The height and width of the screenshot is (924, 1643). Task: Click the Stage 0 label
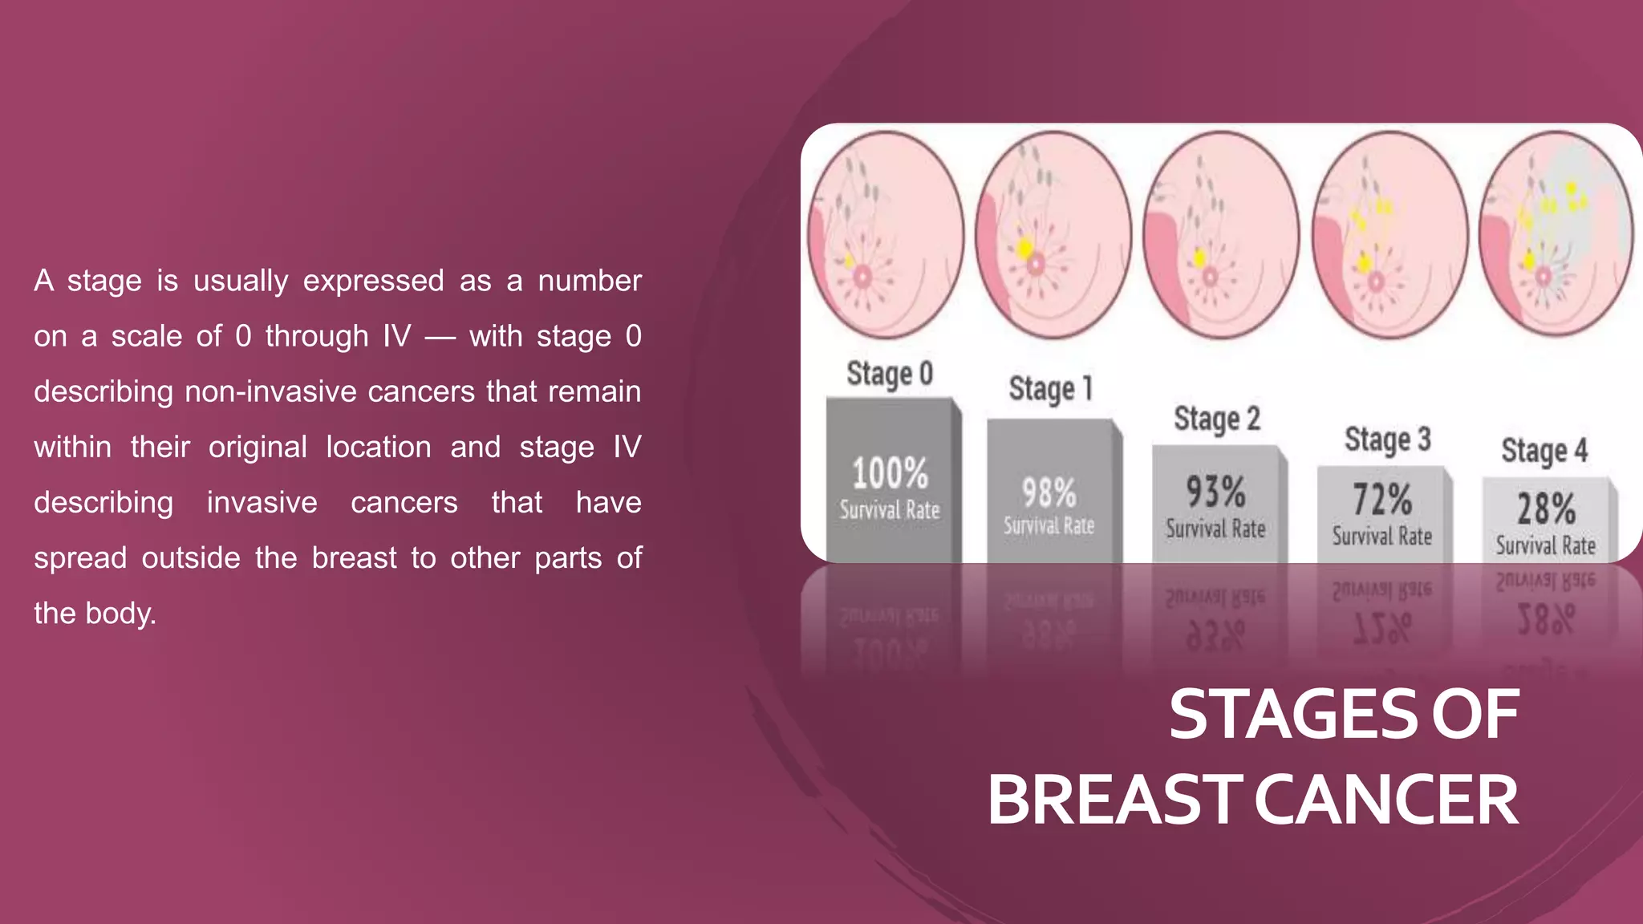click(889, 375)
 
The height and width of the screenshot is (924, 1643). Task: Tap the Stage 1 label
click(1050, 389)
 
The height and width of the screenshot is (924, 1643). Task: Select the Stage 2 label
click(1216, 419)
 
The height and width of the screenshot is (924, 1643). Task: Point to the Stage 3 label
click(1387, 440)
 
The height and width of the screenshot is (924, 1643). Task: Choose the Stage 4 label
click(1544, 451)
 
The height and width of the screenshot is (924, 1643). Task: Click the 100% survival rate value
click(890, 473)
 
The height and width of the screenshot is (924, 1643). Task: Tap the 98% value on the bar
click(1049, 492)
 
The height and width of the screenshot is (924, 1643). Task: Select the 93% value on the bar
click(1215, 492)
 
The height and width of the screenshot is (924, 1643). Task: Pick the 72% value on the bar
click(1381, 500)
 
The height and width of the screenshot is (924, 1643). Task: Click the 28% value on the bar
click(1545, 509)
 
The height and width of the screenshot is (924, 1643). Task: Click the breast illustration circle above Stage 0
click(885, 234)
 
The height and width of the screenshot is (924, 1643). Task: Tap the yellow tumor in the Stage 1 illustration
click(1024, 248)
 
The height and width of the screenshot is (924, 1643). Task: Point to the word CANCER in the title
click(1385, 800)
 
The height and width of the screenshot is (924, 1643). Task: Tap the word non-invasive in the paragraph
click(270, 391)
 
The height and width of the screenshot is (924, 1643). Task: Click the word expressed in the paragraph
click(373, 281)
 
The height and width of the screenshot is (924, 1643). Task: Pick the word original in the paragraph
click(258, 447)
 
